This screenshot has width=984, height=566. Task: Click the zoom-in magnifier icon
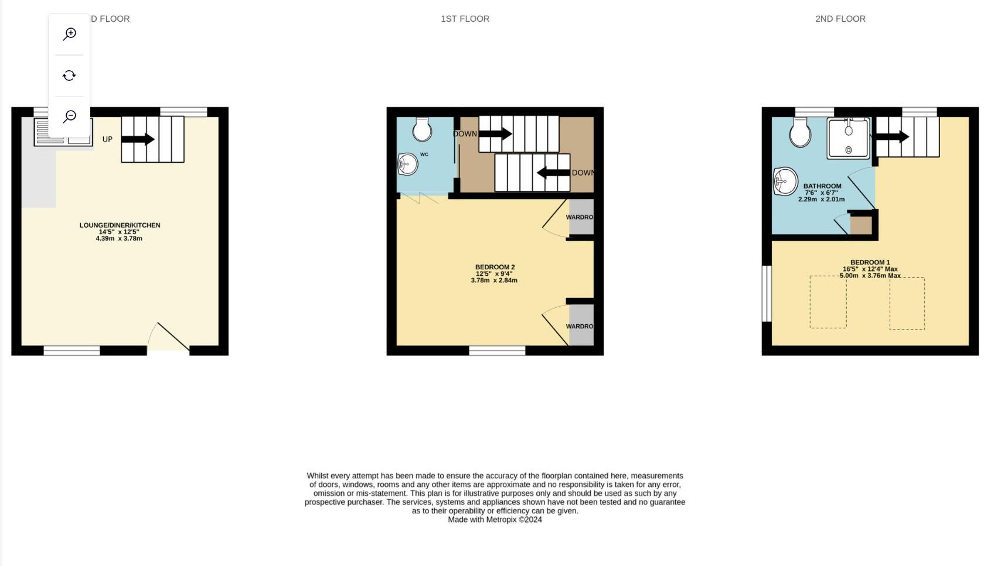click(69, 34)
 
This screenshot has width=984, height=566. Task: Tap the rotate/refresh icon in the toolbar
click(69, 76)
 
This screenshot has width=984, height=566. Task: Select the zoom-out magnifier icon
click(69, 116)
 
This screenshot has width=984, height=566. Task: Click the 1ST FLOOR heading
click(465, 19)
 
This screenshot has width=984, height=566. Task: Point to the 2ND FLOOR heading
click(840, 19)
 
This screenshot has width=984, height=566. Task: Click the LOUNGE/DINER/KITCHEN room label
click(120, 225)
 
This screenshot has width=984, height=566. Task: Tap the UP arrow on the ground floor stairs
click(138, 139)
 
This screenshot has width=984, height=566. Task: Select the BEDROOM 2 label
click(495, 267)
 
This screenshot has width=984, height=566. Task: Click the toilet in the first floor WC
click(422, 129)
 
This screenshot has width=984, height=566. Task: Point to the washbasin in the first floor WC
click(408, 164)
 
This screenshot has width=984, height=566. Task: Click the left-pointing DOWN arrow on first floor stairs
click(553, 173)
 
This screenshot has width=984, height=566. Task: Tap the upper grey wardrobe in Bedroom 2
click(581, 217)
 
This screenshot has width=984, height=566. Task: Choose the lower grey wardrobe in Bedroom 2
click(581, 326)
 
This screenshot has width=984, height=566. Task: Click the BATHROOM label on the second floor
click(822, 186)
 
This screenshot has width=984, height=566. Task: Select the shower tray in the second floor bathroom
click(848, 138)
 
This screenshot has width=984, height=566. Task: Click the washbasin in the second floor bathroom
click(785, 181)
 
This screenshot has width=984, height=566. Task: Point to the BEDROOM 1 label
click(870, 263)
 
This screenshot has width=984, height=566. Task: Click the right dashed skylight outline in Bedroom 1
click(907, 303)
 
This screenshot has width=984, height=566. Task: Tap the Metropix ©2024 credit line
click(495, 520)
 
